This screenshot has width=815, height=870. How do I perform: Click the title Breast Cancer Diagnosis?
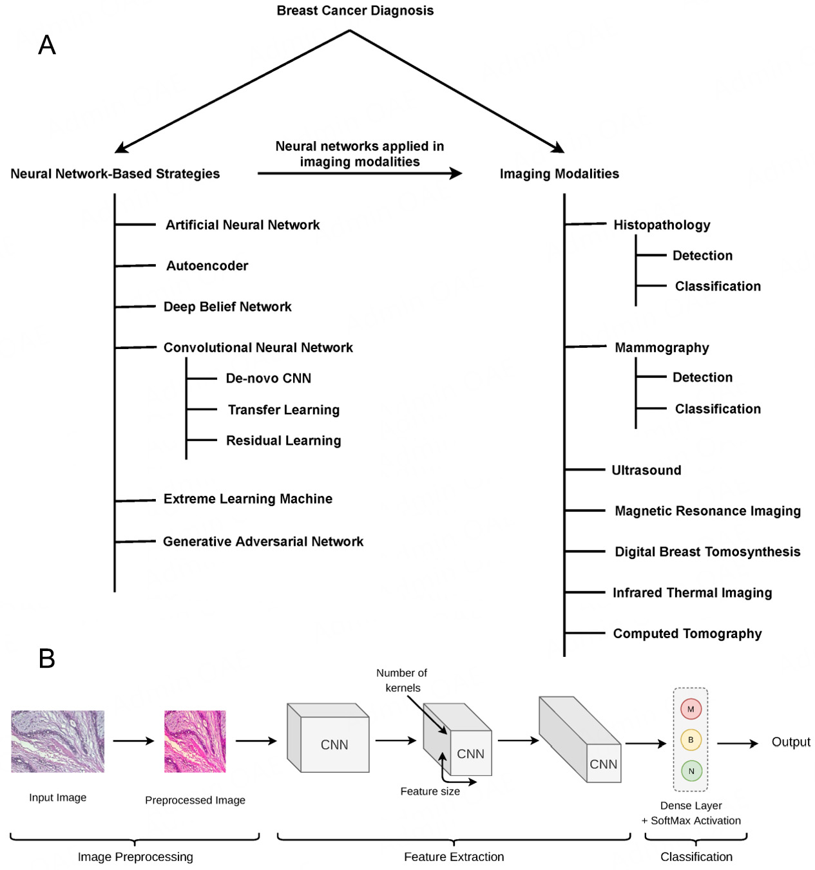[355, 11]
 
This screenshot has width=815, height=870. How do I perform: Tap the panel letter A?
[47, 45]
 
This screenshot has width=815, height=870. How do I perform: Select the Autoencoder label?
[207, 266]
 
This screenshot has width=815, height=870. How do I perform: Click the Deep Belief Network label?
[227, 307]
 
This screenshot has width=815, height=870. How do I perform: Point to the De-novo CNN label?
[268, 379]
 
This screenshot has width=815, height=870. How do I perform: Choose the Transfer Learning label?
[283, 410]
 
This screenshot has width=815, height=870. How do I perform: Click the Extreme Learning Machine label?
[248, 499]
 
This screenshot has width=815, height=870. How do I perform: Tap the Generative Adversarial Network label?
[263, 542]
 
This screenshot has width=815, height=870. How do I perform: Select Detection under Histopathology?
[702, 256]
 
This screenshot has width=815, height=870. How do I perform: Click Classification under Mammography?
[718, 409]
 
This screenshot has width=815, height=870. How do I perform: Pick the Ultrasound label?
[646, 470]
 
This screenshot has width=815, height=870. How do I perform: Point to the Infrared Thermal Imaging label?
[692, 592]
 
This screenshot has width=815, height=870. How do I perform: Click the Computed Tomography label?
[687, 634]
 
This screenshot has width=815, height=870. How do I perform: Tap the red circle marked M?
[691, 709]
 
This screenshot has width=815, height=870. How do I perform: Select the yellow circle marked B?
[691, 740]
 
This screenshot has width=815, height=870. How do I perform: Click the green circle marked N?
[691, 771]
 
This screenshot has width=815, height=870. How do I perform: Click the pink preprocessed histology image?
[195, 741]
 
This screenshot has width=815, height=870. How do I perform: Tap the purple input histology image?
[57, 741]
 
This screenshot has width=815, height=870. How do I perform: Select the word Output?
[791, 742]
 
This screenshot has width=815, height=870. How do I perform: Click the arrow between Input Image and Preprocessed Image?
[133, 741]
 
